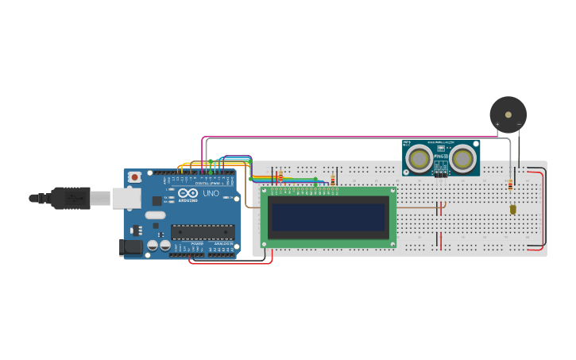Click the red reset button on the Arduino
click(x=135, y=176)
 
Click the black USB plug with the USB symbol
click(x=72, y=198)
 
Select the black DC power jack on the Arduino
click(x=130, y=248)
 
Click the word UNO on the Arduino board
click(x=211, y=193)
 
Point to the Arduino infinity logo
click(x=187, y=193)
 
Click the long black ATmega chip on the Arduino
click(x=203, y=232)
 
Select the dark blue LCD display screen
click(x=328, y=217)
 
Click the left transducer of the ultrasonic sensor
click(x=418, y=159)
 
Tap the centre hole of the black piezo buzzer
click(x=508, y=114)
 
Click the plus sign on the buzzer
click(x=497, y=125)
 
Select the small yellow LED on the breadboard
click(x=512, y=210)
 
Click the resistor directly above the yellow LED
click(x=510, y=185)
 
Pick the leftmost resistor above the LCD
click(x=280, y=176)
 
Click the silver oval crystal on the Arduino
click(x=156, y=215)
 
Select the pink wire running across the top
click(x=358, y=137)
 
